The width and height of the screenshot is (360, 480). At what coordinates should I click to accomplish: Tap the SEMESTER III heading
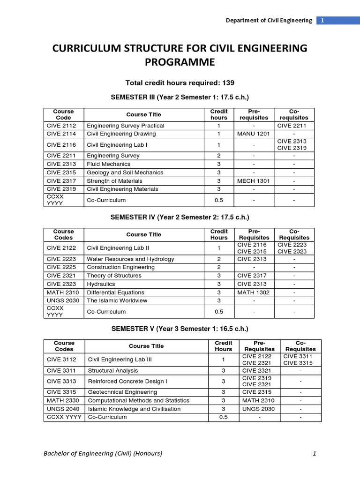click(180, 97)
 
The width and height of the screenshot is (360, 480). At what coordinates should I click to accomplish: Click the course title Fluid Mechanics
click(106, 164)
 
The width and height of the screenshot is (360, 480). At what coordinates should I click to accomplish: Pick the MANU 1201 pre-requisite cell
click(254, 134)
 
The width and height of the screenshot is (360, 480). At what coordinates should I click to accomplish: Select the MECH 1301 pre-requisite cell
click(254, 181)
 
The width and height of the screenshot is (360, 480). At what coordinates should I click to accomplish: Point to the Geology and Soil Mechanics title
click(125, 172)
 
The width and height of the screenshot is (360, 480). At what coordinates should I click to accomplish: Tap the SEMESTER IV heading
click(180, 217)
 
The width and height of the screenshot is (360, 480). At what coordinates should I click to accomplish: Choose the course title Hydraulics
click(101, 284)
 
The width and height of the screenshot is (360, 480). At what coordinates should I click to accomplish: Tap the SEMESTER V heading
click(180, 329)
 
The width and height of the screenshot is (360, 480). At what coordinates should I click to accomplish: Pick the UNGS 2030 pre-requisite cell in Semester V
click(257, 409)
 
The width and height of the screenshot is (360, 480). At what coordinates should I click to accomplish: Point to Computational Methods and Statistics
click(139, 400)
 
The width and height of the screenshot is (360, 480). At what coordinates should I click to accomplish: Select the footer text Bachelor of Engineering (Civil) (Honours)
click(103, 453)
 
